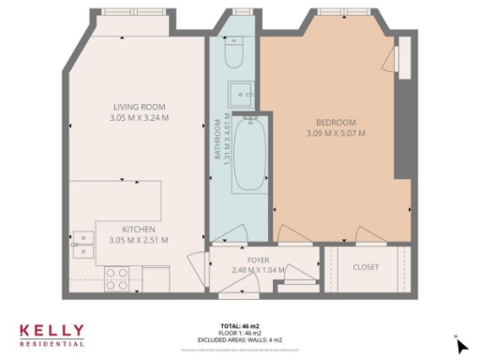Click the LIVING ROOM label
tap(139, 108)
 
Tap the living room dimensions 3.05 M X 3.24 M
tap(139, 119)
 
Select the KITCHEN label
tap(139, 229)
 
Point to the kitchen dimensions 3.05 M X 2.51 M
tap(139, 240)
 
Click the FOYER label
tap(259, 260)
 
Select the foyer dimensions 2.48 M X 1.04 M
tap(259, 270)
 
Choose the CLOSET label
tap(366, 267)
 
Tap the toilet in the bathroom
tap(235, 52)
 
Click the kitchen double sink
tap(84, 244)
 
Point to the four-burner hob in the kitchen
tap(116, 278)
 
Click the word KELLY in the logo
tap(52, 331)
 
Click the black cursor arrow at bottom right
tap(461, 346)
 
